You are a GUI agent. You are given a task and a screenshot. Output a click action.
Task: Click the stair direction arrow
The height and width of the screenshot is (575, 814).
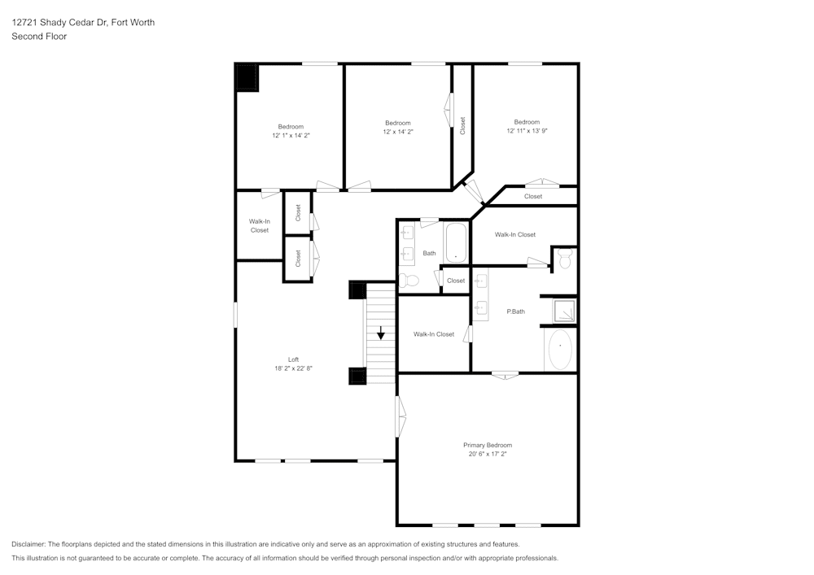pyautogui.click(x=381, y=333)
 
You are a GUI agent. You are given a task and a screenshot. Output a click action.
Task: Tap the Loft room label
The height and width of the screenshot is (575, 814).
pyautogui.click(x=293, y=359)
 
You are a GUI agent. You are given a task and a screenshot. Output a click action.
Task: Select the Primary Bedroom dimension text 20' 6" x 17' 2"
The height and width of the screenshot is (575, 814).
pyautogui.click(x=488, y=454)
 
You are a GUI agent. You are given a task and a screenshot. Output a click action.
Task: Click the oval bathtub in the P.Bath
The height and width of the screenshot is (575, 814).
pyautogui.click(x=560, y=350)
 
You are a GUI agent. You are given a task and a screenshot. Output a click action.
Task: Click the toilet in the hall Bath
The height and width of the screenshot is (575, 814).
pyautogui.click(x=409, y=281)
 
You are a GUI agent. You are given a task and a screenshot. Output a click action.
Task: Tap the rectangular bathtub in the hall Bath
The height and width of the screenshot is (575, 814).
pyautogui.click(x=456, y=242)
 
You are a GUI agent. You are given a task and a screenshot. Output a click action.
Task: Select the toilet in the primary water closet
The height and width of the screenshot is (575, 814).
pyautogui.click(x=566, y=259)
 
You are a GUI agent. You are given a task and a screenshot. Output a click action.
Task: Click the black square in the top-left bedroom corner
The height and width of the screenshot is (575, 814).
pyautogui.click(x=247, y=78)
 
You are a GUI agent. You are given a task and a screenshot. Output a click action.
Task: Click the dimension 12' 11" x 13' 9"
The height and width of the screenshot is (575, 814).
pyautogui.click(x=527, y=131)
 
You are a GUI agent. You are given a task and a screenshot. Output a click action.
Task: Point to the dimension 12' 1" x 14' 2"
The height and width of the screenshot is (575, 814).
pyautogui.click(x=291, y=136)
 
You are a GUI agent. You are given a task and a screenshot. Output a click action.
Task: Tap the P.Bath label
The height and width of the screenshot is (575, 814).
pyautogui.click(x=514, y=311)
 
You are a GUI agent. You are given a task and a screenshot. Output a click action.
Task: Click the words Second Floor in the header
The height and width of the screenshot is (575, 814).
pyautogui.click(x=39, y=37)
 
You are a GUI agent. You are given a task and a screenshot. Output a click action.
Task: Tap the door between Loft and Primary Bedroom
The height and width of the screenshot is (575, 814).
pyautogui.click(x=400, y=416)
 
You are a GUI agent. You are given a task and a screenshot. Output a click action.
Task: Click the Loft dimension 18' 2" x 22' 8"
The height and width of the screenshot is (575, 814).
pyautogui.click(x=293, y=368)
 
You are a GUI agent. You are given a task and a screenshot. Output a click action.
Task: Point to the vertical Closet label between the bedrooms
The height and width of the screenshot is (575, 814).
pyautogui.click(x=462, y=126)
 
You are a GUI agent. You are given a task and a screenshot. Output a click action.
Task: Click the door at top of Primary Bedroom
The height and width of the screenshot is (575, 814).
pyautogui.click(x=505, y=375)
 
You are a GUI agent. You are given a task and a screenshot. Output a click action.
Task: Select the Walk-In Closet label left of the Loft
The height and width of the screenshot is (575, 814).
pyautogui.click(x=260, y=226)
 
